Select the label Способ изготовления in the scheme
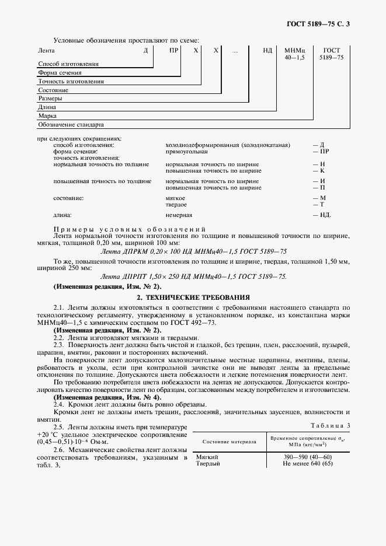coord(68,63)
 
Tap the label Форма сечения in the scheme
coord(60,73)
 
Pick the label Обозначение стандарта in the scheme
coord(71,124)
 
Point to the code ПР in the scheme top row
coord(173,51)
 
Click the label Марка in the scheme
coord(47,116)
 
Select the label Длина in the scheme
coord(47,107)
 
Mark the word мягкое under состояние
coord(176,198)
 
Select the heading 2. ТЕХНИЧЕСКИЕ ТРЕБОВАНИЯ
coord(193,297)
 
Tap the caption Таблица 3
coord(331,426)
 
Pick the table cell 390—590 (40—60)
coord(307,457)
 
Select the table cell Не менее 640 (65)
coord(307,464)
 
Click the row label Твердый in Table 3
coord(208,464)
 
